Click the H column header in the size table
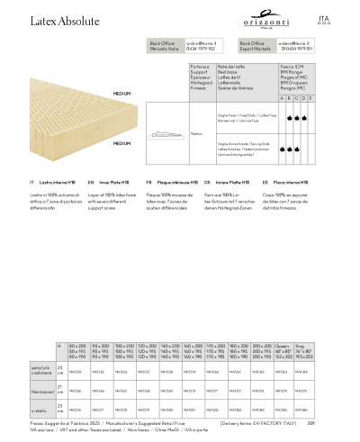(x=59, y=345)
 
